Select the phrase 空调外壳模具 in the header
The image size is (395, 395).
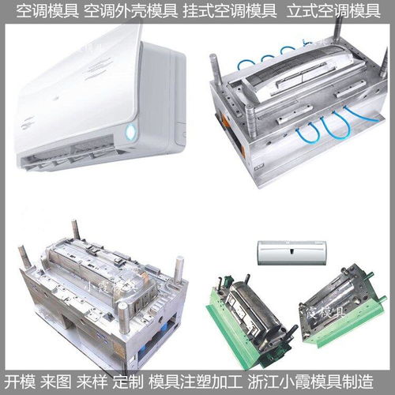130,11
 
